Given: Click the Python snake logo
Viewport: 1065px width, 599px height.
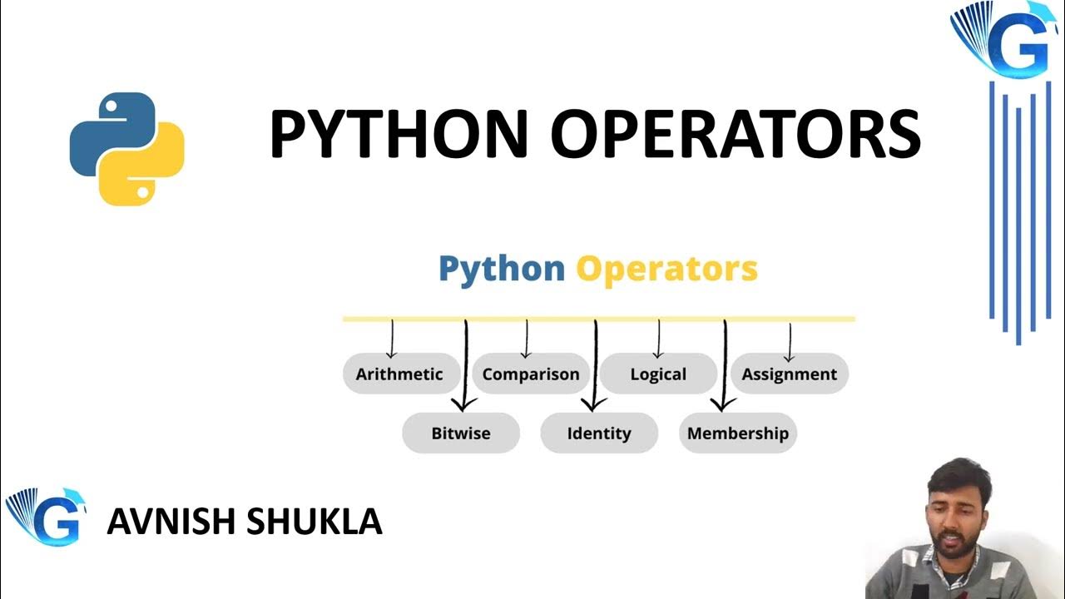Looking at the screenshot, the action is [x=126, y=149].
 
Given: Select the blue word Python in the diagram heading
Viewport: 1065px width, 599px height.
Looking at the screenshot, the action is [x=501, y=269].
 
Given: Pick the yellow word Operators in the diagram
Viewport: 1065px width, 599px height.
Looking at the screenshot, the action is [x=666, y=269].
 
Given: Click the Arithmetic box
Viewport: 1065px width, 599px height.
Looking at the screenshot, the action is [x=399, y=374].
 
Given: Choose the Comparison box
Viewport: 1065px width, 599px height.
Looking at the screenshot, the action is [x=531, y=374].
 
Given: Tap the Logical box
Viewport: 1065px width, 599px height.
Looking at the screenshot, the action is [x=658, y=374].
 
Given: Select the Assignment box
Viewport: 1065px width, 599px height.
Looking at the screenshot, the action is [x=789, y=374].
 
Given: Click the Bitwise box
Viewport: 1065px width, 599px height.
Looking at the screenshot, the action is [x=461, y=433].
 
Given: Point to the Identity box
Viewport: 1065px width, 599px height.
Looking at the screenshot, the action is [x=599, y=433].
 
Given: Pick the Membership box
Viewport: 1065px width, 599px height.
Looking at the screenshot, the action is [x=738, y=433].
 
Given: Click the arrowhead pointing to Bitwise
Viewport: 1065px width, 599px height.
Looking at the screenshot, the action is [x=464, y=403].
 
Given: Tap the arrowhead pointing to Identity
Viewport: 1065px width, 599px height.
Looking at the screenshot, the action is [x=594, y=403].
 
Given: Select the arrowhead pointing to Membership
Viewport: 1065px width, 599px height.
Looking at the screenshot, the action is [x=723, y=403].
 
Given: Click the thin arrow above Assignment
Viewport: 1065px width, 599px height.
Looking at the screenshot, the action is [x=788, y=340].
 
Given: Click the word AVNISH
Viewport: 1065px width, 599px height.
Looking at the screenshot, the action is [x=170, y=522].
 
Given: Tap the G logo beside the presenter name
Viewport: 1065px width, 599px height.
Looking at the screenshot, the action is [x=47, y=517].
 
